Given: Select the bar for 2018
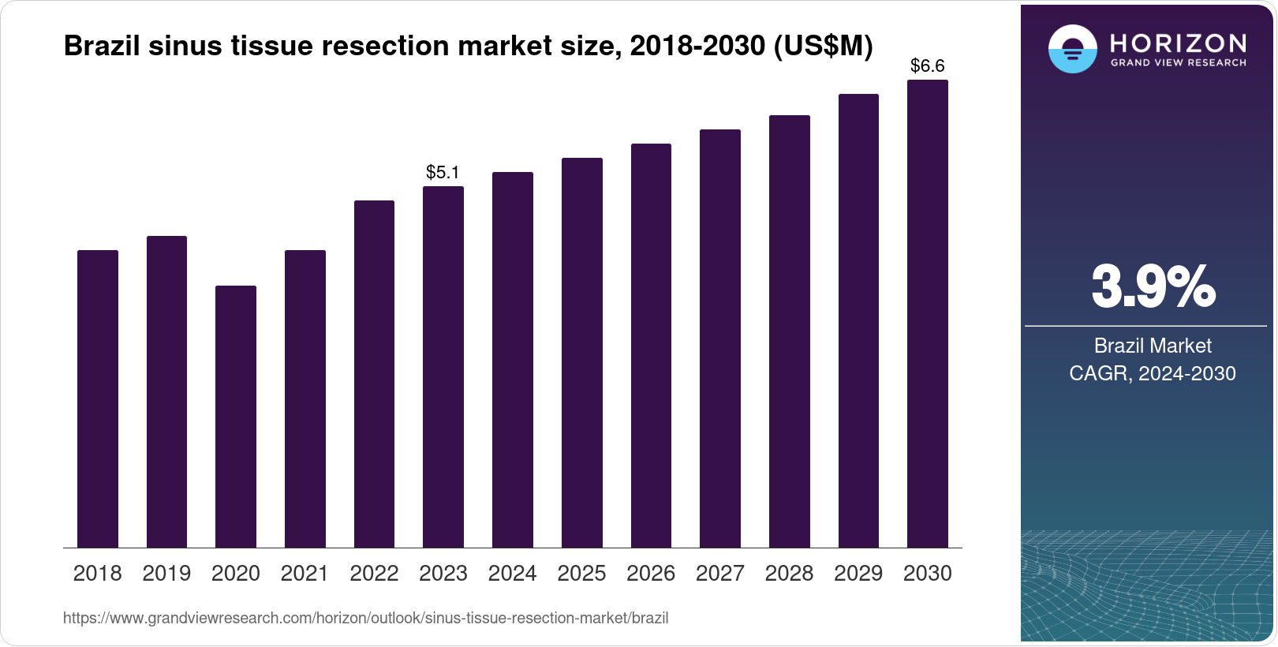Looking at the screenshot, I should point(97,398).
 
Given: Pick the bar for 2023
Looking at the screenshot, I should point(443,367).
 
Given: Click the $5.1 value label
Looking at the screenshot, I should point(443,172).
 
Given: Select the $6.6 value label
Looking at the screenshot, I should point(927,66).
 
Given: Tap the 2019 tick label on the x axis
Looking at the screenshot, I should point(166,574).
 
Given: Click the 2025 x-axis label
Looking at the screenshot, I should point(581,574).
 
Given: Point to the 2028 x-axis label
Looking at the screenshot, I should point(789,574).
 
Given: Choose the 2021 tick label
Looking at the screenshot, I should point(305,574).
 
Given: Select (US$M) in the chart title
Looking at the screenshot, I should point(823,47).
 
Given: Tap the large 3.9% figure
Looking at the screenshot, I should point(1153,287).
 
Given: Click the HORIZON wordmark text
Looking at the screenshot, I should point(1178,43).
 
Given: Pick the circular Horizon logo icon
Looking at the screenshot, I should point(1072,49).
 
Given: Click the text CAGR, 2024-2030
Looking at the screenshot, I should point(1152,373).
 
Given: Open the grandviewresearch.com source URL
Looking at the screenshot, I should point(365,619).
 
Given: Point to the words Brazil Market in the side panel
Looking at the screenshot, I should point(1152,346).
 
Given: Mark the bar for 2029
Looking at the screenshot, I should point(858,320).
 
